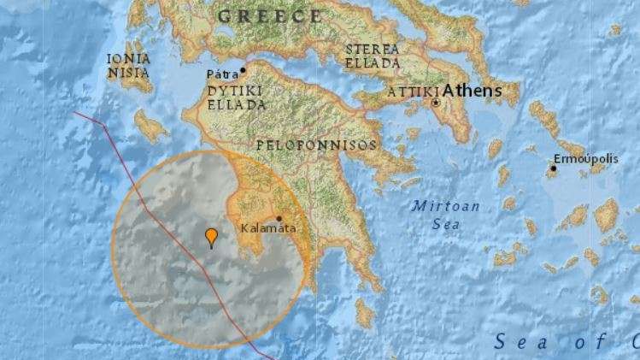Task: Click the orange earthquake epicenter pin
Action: [x=211, y=236]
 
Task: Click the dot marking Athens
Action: [x=436, y=103]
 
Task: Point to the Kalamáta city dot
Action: [x=279, y=218]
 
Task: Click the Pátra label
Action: [x=222, y=75]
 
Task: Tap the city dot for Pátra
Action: [x=243, y=70]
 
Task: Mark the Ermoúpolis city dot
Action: [x=553, y=168]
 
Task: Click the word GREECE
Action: [x=270, y=16]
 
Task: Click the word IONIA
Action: [x=129, y=59]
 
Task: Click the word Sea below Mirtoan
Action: [x=447, y=224]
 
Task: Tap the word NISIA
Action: [x=129, y=73]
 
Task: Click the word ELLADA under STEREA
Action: [x=373, y=63]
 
